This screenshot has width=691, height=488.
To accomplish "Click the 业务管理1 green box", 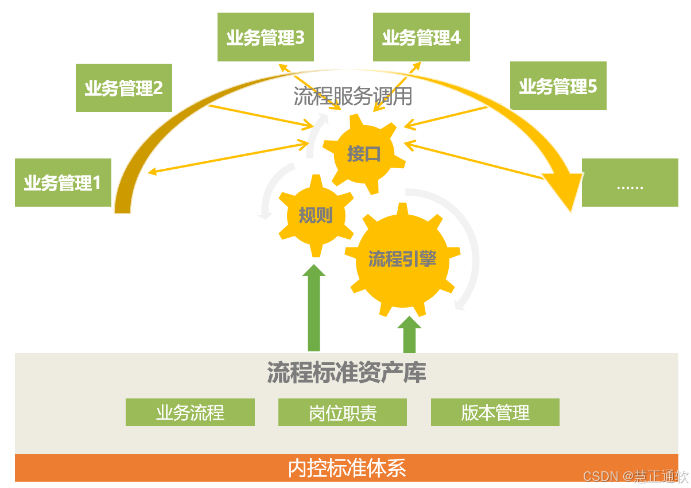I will [63, 183].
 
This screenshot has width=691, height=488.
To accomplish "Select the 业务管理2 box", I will [124, 88].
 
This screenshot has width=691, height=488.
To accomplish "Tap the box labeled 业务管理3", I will [265, 37].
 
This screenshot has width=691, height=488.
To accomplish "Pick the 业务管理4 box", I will [421, 37].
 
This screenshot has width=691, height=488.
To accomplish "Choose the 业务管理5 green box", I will [558, 86].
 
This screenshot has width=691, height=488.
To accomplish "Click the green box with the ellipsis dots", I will [630, 183].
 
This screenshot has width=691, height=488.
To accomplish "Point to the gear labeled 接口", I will [363, 154].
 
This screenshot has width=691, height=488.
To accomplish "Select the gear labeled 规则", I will [315, 216].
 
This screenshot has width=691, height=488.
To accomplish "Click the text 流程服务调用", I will [352, 96].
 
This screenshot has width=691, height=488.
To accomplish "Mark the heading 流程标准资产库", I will [346, 373].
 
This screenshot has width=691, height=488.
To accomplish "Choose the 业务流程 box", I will [190, 412].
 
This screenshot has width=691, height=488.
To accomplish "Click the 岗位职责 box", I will [343, 412].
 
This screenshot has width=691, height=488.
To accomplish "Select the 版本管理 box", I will [495, 412].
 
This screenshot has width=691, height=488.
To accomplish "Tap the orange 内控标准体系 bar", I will [346, 468].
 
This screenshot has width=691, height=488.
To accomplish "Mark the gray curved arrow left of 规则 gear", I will [269, 192].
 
